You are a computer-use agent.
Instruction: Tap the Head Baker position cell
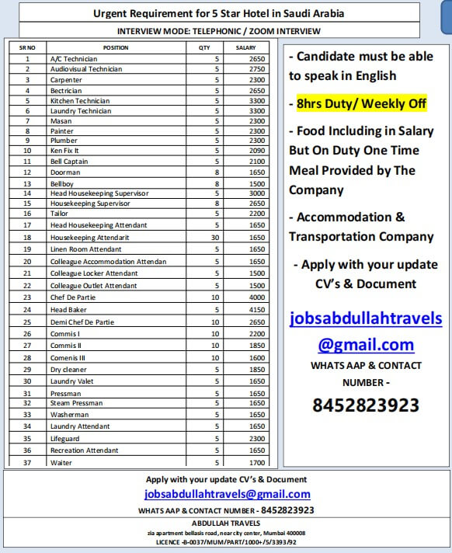pyautogui.click(x=68, y=310)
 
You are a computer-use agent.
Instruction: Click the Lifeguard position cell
pyautogui.click(x=65, y=438)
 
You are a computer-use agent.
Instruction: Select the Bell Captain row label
pyautogui.click(x=69, y=162)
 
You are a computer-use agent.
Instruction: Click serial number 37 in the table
pyautogui.click(x=26, y=463)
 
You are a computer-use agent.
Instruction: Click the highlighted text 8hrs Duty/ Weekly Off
pyautogui.click(x=361, y=103)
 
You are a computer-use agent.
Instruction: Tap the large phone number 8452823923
pyautogui.click(x=365, y=405)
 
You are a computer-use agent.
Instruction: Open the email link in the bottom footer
pyautogui.click(x=227, y=494)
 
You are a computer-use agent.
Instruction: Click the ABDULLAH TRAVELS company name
pyautogui.click(x=227, y=523)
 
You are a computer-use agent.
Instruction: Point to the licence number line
pyautogui.click(x=227, y=541)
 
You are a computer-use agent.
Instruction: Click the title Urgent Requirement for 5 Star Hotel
pyautogui.click(x=218, y=13)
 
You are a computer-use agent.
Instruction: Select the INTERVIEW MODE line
pyautogui.click(x=218, y=31)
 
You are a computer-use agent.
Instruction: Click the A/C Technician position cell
pyautogui.click(x=74, y=58)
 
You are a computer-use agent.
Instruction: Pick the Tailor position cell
pyautogui.click(x=59, y=213)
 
